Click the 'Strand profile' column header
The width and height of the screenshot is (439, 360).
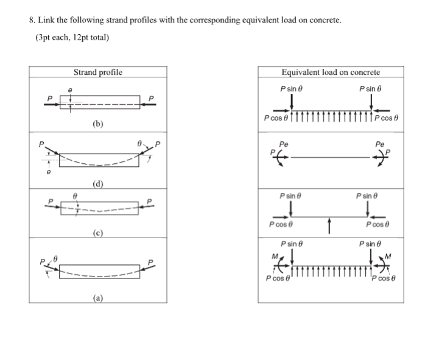[x=97, y=72]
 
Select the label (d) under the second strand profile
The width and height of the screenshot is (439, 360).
[x=97, y=183]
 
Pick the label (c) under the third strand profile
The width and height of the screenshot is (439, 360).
[x=97, y=233]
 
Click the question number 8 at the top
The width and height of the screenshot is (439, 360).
[x=32, y=19]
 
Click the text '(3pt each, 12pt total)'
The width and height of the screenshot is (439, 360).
[x=72, y=37]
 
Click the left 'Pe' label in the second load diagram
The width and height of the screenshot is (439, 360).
[x=283, y=145]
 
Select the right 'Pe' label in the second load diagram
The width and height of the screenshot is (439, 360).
[x=381, y=145]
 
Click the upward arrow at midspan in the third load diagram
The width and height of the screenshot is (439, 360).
[x=329, y=225]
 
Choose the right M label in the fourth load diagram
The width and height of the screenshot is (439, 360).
[x=387, y=255]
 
